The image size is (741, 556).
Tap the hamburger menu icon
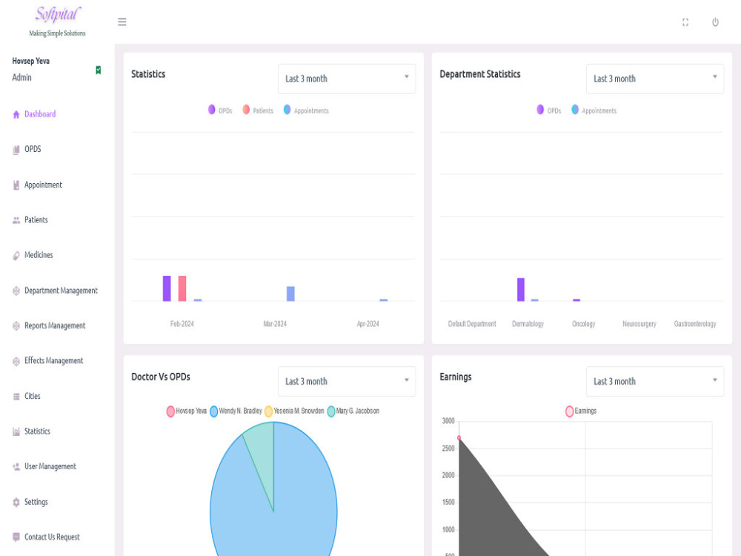pos(122,21)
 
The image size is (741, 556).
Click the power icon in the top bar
pos(715,22)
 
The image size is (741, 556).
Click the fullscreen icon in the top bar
pos(685,22)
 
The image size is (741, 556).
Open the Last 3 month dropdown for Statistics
pos(347,79)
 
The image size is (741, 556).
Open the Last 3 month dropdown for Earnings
pos(655,381)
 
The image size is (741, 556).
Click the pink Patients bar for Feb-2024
pos(182,288)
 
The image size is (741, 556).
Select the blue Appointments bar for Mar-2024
pos(290,294)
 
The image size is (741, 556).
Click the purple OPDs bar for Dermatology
pos(521,289)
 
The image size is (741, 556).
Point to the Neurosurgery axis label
pos(639,324)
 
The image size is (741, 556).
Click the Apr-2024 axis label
pos(368,324)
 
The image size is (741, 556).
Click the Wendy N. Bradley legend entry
pos(236,411)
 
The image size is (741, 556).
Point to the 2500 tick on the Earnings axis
pos(448,449)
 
